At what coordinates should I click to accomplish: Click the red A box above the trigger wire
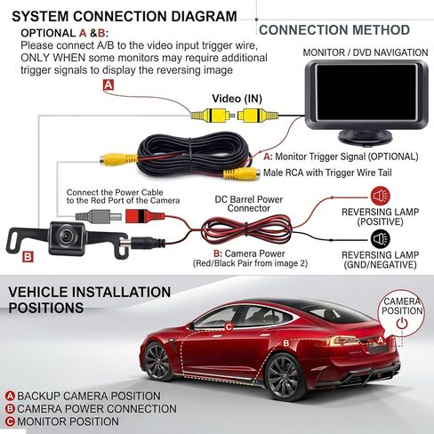point(108,85)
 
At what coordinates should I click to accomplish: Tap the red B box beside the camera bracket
point(28,257)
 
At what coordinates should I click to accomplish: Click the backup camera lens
point(66,235)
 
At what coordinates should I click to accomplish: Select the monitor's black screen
point(366,92)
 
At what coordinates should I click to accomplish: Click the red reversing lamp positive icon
point(381,196)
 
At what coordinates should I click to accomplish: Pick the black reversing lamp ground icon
point(381,239)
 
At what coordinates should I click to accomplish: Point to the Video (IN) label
point(237,99)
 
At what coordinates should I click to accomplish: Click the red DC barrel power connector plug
point(145,216)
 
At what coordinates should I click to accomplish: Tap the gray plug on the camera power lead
point(98,216)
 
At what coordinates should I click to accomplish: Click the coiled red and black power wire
point(246,229)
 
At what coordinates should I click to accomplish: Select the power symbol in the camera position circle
point(402,324)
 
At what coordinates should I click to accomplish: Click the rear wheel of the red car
point(283,377)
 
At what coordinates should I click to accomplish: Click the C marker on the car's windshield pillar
point(229,327)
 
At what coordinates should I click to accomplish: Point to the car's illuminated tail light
point(344,341)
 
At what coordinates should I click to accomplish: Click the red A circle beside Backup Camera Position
point(10,396)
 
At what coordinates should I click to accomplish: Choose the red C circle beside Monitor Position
point(10,422)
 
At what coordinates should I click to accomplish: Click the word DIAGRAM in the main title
point(205,16)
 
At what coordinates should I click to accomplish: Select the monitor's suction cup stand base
point(366,137)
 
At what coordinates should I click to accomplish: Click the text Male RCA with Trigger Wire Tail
point(327,173)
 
